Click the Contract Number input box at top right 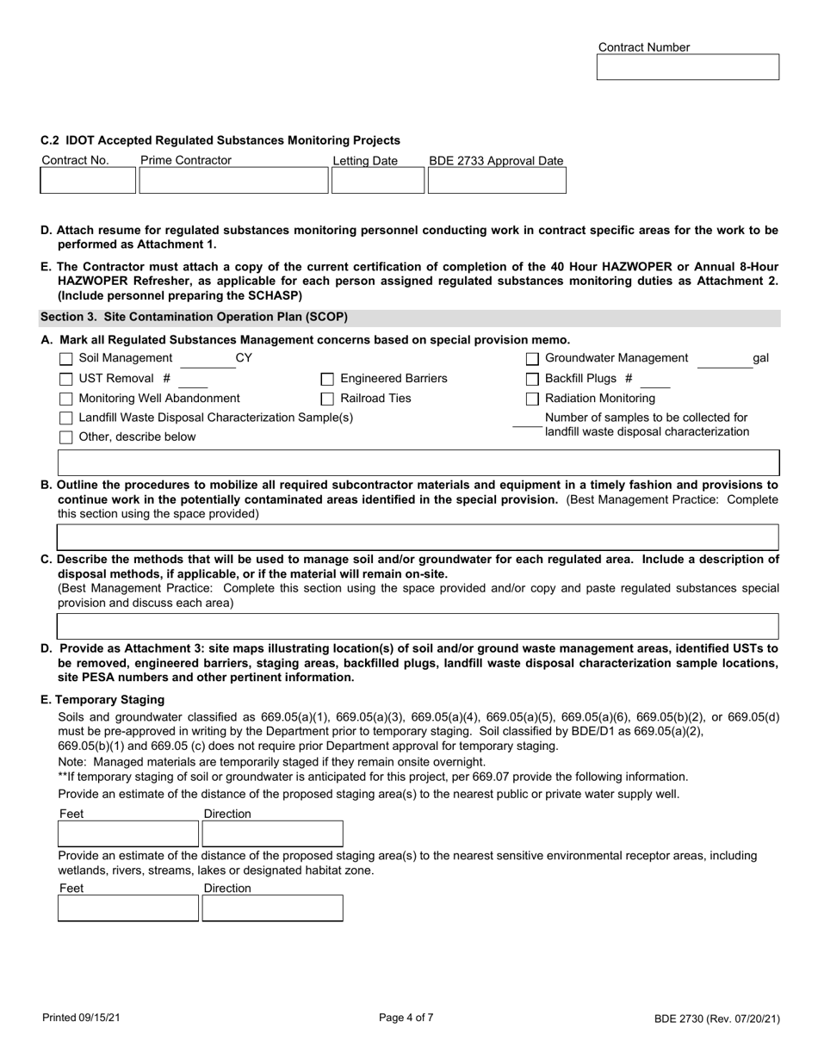(687, 67)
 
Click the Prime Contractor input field (233, 181)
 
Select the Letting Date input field (377, 181)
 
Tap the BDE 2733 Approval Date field (497, 181)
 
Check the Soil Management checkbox (66, 359)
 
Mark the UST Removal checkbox (66, 379)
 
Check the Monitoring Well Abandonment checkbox (66, 399)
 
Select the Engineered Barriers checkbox (327, 379)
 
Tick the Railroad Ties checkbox (327, 399)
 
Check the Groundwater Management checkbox (532, 359)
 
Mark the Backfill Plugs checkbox (532, 379)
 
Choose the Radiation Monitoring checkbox (532, 399)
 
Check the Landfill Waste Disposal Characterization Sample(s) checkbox (66, 418)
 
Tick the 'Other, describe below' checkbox (66, 437)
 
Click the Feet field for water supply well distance (128, 834)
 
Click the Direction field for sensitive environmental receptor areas (272, 908)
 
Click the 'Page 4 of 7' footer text (406, 1017)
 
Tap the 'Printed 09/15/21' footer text (82, 1018)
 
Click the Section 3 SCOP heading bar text (195, 317)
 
